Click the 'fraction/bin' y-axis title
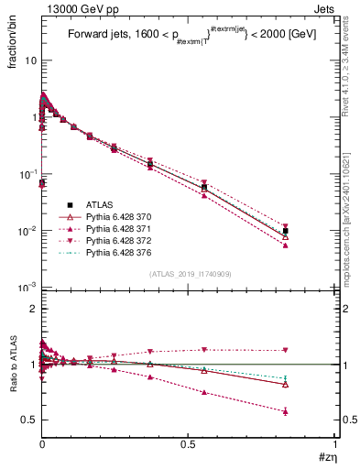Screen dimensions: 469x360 click(13, 35)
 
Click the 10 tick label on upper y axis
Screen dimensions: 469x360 click(30, 60)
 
